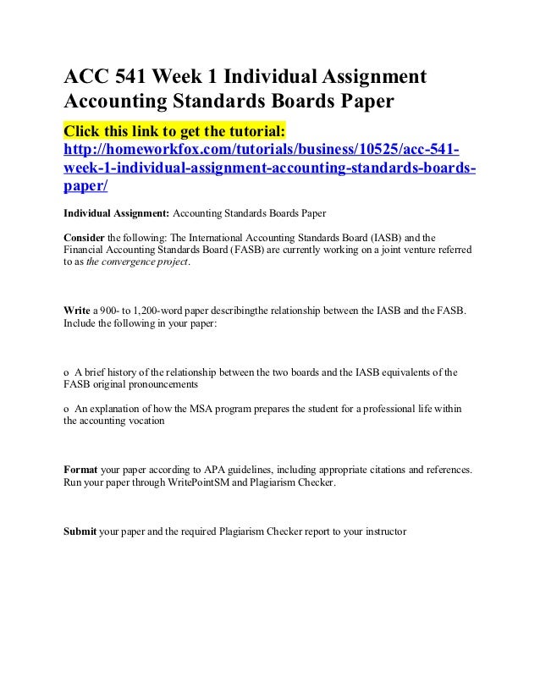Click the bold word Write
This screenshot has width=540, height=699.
coord(75,311)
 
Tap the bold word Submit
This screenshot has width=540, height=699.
coord(80,533)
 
